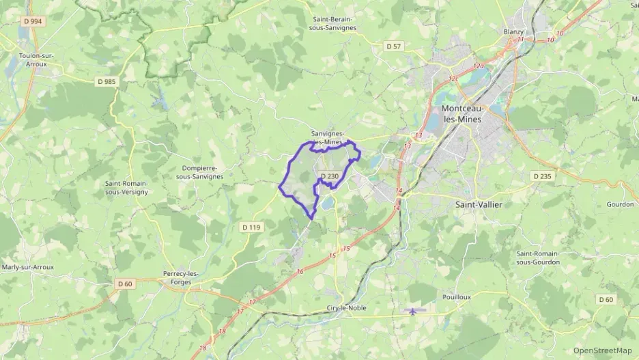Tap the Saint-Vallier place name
click(475, 204)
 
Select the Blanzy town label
click(513, 31)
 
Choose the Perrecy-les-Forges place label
click(181, 277)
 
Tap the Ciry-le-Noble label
click(347, 307)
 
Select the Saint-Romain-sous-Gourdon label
click(538, 258)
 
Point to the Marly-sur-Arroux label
click(29, 266)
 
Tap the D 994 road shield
click(32, 21)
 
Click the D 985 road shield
click(106, 81)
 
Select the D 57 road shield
click(393, 46)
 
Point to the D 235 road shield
click(541, 176)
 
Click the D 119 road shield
click(251, 227)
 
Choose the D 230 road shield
click(329, 176)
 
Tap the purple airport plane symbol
click(413, 311)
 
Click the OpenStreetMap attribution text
click(602, 350)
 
